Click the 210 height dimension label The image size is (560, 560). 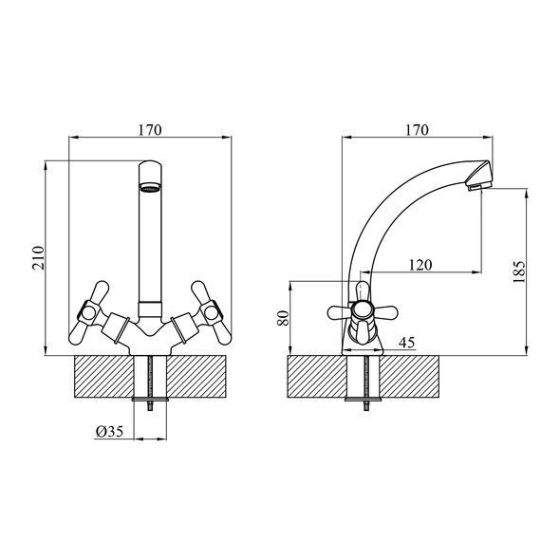(x=38, y=257)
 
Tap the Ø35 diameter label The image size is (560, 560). (x=110, y=432)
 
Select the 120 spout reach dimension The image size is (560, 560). (x=420, y=265)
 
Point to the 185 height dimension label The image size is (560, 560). (x=519, y=271)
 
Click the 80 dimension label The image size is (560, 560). (x=283, y=318)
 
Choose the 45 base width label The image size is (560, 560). (x=407, y=342)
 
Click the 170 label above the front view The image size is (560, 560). (x=150, y=130)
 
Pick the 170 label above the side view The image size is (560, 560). (x=417, y=130)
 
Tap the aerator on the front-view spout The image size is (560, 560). (x=150, y=187)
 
